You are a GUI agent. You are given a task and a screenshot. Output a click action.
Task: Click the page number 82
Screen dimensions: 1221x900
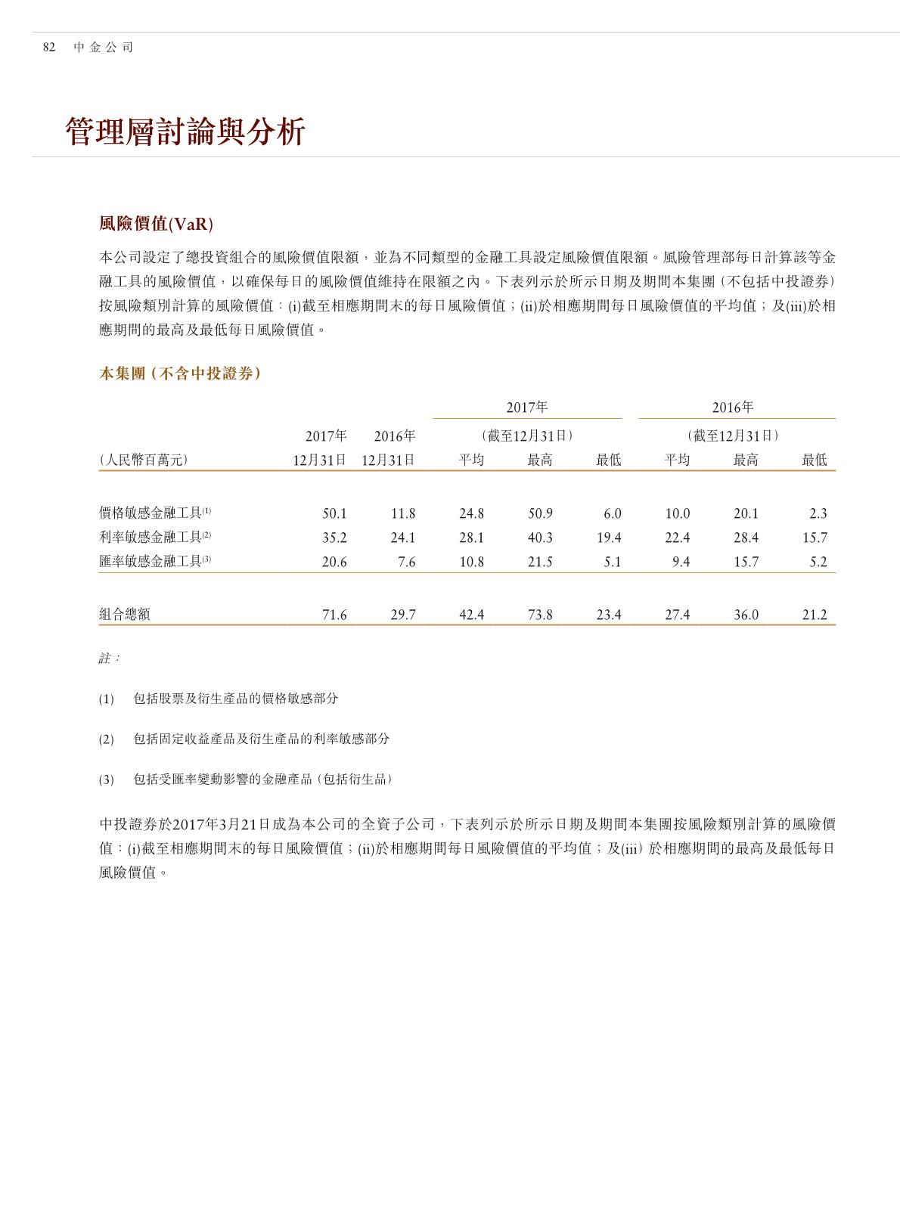pyautogui.click(x=49, y=47)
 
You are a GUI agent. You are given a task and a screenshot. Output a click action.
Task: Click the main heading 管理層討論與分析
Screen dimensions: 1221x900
pyautogui.click(x=185, y=132)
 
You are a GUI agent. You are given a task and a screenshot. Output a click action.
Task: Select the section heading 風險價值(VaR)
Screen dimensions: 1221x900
pyautogui.click(x=156, y=224)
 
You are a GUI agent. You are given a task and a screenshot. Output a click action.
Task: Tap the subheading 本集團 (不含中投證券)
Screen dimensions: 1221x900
pyautogui.click(x=180, y=373)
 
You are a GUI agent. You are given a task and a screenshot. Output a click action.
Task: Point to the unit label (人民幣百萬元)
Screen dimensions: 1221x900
pyautogui.click(x=143, y=460)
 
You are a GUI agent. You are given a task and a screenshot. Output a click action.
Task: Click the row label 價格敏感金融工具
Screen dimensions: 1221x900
pyautogui.click(x=151, y=513)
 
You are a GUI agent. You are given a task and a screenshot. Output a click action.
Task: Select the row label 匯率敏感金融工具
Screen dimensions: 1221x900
pyautogui.click(x=151, y=562)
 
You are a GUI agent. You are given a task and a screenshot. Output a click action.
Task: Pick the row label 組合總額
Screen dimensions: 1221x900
pyautogui.click(x=125, y=615)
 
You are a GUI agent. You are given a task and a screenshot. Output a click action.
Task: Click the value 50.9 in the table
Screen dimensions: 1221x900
pyautogui.click(x=540, y=514)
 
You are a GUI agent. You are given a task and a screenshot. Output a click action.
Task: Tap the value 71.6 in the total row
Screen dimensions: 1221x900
pyautogui.click(x=334, y=615)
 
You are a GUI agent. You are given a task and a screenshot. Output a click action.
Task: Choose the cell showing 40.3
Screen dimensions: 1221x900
pyautogui.click(x=540, y=538)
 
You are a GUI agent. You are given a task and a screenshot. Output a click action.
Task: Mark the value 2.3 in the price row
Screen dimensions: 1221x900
pyautogui.click(x=818, y=514)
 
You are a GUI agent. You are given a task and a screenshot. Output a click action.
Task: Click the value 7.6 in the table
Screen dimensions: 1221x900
pyautogui.click(x=406, y=562)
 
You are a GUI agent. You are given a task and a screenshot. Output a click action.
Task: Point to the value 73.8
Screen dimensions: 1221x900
pyautogui.click(x=540, y=615)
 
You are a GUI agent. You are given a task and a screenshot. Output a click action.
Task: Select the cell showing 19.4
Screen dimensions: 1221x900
pyautogui.click(x=609, y=538)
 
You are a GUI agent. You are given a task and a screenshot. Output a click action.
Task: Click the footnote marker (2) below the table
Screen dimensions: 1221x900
pyautogui.click(x=106, y=739)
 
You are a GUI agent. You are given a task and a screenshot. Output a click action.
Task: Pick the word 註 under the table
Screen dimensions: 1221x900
pyautogui.click(x=105, y=659)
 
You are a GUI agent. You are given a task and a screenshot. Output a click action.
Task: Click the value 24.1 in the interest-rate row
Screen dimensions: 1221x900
pyautogui.click(x=403, y=538)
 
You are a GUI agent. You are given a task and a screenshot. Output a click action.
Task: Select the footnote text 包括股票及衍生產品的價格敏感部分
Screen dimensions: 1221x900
pyautogui.click(x=235, y=699)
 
